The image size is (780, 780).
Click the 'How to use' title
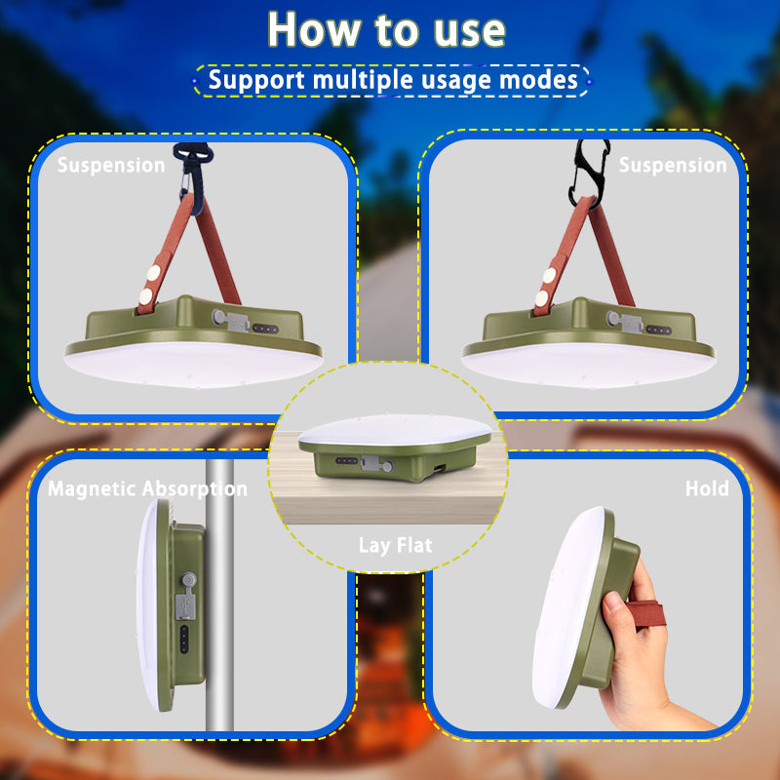tap(387, 30)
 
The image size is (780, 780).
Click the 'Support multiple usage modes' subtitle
tap(392, 79)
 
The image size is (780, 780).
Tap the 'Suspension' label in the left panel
tap(111, 165)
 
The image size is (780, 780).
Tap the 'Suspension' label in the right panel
tap(673, 165)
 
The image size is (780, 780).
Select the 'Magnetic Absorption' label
tap(147, 488)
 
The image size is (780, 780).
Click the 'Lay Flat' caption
tap(395, 545)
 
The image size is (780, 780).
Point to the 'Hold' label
tap(706, 488)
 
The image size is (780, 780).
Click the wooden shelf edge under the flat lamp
tap(390, 507)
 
